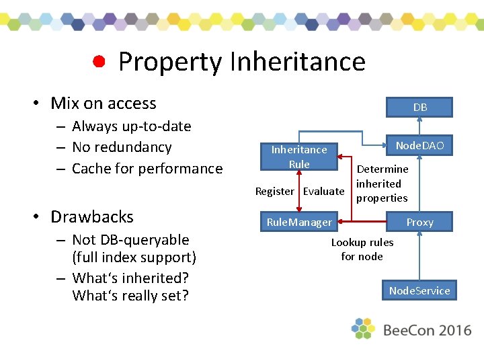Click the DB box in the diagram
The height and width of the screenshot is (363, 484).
pyautogui.click(x=419, y=107)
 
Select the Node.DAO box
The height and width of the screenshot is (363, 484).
pyautogui.click(x=419, y=145)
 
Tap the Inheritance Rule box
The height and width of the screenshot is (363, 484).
pyautogui.click(x=298, y=157)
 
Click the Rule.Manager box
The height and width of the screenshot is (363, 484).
pyautogui.click(x=299, y=222)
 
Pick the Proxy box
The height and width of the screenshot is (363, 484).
pyautogui.click(x=419, y=222)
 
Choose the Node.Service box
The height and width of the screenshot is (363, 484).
pyautogui.click(x=419, y=290)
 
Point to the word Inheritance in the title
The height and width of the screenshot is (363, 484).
pyautogui.click(x=297, y=62)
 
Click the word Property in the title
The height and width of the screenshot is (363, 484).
pyautogui.click(x=169, y=62)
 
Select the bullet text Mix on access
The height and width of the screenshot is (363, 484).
pyautogui.click(x=103, y=103)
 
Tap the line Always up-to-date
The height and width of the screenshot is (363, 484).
pyautogui.click(x=131, y=126)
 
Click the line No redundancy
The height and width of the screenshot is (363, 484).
pyautogui.click(x=122, y=147)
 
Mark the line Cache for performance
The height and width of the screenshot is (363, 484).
pyautogui.click(x=147, y=169)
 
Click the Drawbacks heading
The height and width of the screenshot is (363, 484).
pyautogui.click(x=92, y=216)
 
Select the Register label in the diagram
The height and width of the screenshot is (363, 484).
pyautogui.click(x=274, y=192)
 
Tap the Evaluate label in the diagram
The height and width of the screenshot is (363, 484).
pyautogui.click(x=323, y=192)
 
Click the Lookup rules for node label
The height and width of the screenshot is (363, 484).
pyautogui.click(x=362, y=249)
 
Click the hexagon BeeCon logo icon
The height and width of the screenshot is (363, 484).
pyautogui.click(x=363, y=329)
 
